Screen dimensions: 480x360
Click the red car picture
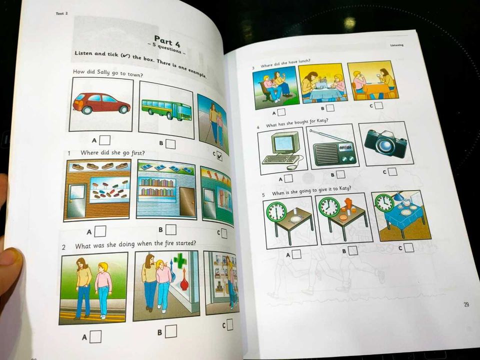point(101,103)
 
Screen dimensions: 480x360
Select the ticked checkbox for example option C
point(219,156)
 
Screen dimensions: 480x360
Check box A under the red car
point(105,140)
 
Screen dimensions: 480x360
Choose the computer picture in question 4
point(281,150)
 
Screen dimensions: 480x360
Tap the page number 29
point(466,304)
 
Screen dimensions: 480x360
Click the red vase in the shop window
point(184,282)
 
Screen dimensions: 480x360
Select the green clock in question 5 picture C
point(384,202)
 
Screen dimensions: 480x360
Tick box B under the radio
point(340,174)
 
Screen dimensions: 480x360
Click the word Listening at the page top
point(396,45)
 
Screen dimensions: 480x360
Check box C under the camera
point(392,171)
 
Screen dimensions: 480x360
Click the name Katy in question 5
point(345,188)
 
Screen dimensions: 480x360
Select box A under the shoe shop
point(100,231)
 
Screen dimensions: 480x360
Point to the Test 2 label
point(62,13)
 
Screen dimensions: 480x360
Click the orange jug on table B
point(347,204)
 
